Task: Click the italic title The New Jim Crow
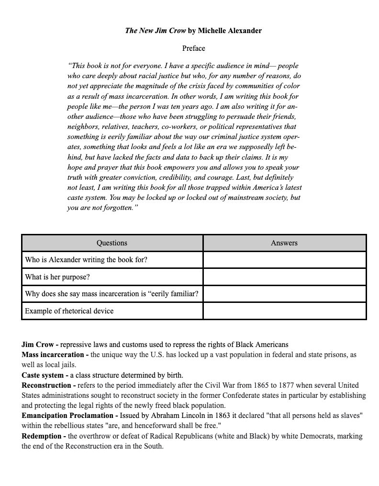point(156,31)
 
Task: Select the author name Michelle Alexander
point(230,31)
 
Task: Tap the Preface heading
point(193,48)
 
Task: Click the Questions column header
point(112,243)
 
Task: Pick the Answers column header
point(284,243)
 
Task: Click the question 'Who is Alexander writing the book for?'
point(86,260)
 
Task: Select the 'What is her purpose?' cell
point(57,277)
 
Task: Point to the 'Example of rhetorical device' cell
point(69,311)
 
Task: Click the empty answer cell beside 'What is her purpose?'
point(284,277)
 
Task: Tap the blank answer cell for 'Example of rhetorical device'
point(284,311)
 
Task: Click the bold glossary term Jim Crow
point(38,345)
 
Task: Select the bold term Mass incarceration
point(53,355)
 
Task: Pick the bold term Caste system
point(43,375)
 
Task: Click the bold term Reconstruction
point(46,385)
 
